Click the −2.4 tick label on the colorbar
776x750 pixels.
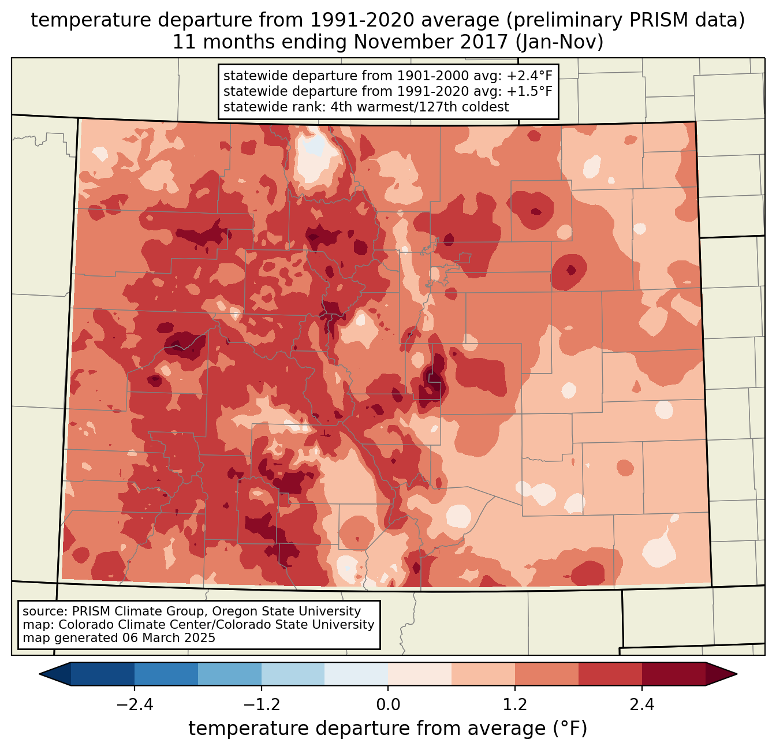pyautogui.click(x=135, y=705)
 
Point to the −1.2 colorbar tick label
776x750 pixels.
pyautogui.click(x=261, y=705)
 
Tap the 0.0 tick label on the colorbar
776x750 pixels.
pyautogui.click(x=387, y=705)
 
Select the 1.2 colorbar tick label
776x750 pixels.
pyautogui.click(x=514, y=705)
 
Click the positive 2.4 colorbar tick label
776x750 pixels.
pyautogui.click(x=641, y=705)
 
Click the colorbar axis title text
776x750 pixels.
pyautogui.click(x=387, y=729)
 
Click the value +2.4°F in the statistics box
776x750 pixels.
pyautogui.click(x=529, y=76)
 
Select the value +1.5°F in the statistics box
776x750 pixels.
pyautogui.click(x=529, y=91)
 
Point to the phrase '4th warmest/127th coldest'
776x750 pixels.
pyautogui.click(x=420, y=107)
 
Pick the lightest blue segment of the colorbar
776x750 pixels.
pyautogui.click(x=356, y=674)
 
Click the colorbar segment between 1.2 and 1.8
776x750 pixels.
pyautogui.click(x=546, y=674)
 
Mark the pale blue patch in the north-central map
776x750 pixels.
pyautogui.click(x=314, y=144)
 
